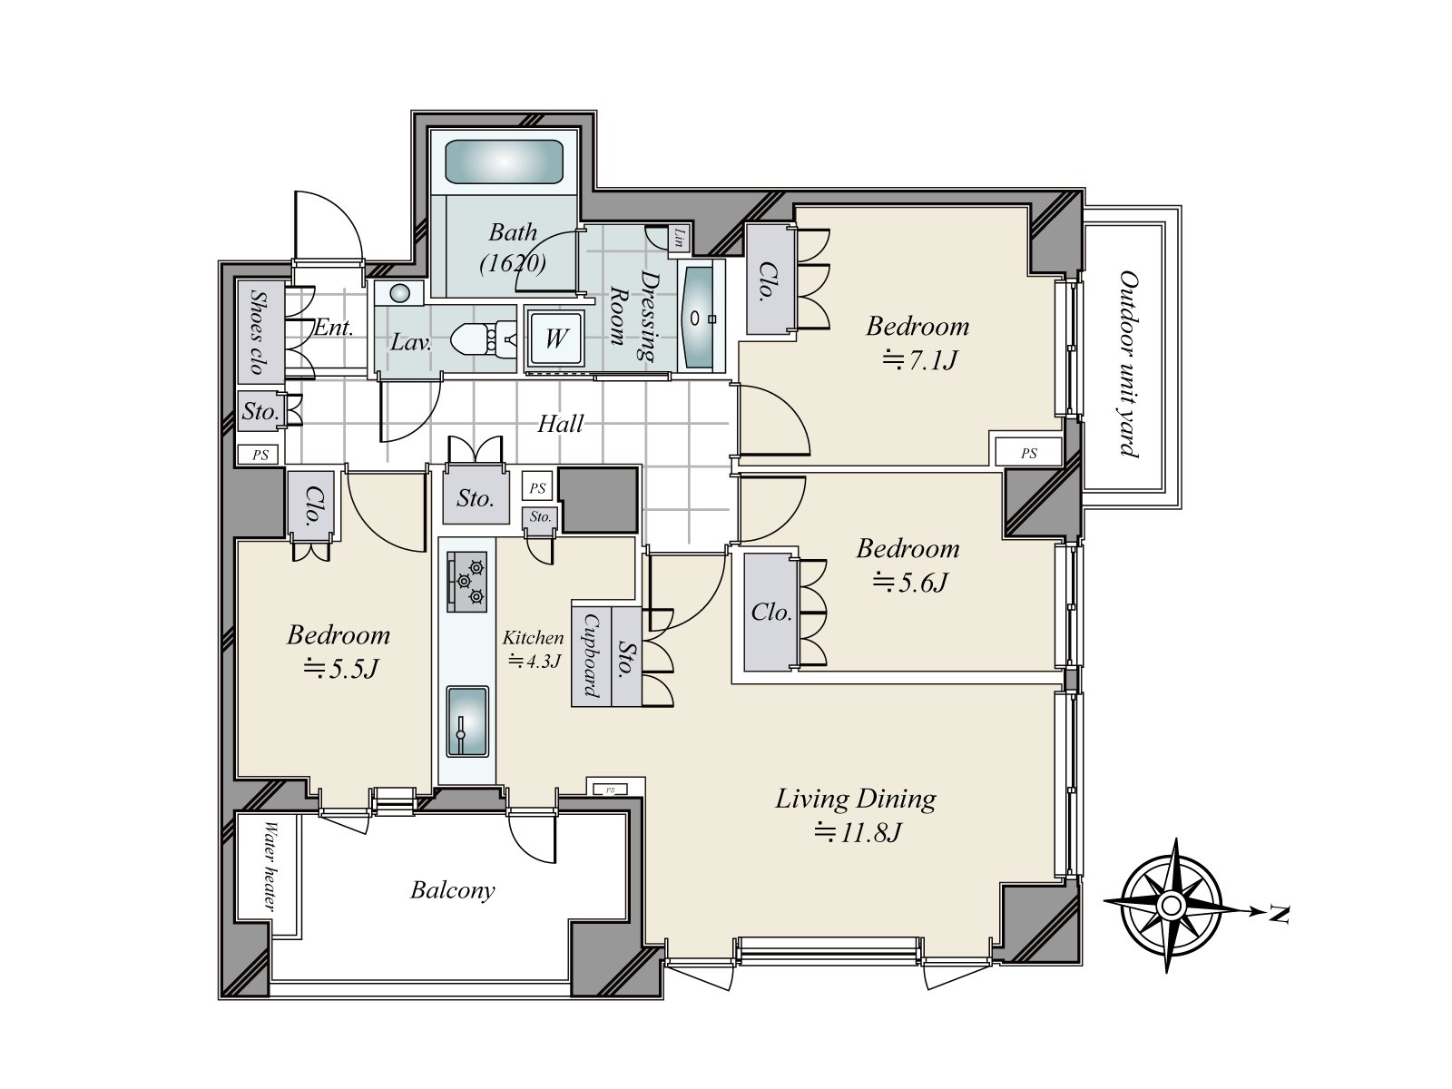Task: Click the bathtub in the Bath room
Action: click(504, 162)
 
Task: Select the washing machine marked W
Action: click(555, 338)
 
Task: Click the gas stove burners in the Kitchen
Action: click(467, 582)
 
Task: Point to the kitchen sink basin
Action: click(467, 721)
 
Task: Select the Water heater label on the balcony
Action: click(270, 866)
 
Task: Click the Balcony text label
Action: click(453, 890)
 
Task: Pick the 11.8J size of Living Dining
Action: click(858, 832)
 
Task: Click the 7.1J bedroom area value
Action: click(919, 360)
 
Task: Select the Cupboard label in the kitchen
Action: click(591, 654)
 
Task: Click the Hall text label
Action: click(560, 424)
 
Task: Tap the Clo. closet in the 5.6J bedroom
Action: click(770, 612)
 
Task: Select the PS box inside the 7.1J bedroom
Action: click(1028, 453)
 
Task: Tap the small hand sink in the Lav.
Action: click(399, 293)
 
